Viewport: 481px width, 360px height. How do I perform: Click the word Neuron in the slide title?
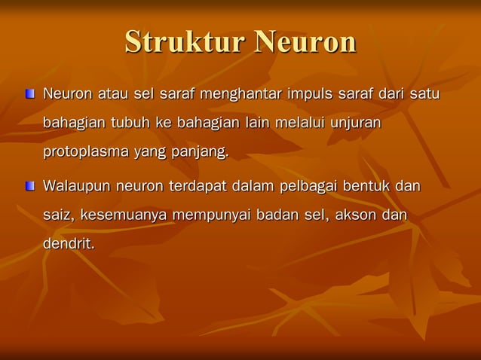tap(305, 41)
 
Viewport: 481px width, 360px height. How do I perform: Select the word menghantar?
tap(240, 95)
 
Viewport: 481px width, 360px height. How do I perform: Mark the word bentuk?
tap(366, 186)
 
